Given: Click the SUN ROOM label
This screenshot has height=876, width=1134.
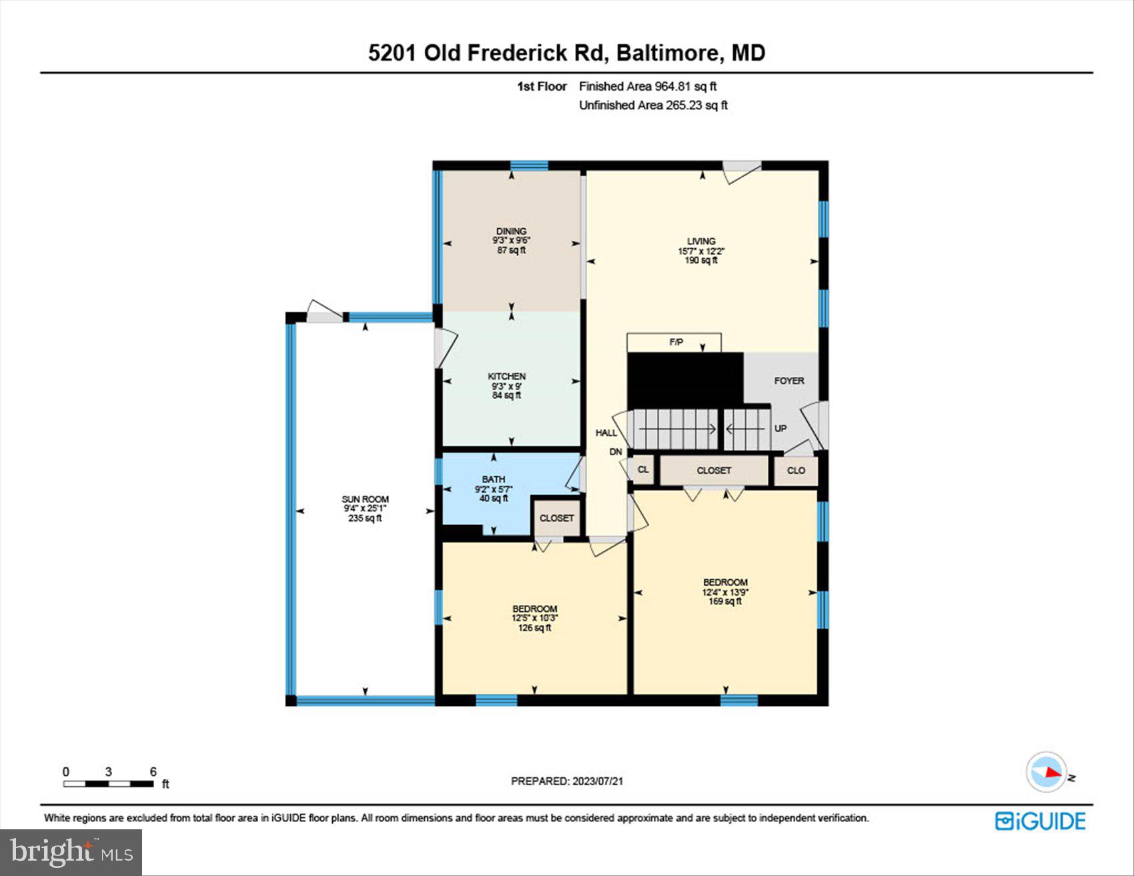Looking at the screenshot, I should [365, 499].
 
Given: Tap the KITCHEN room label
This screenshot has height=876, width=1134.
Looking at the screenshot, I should [506, 376].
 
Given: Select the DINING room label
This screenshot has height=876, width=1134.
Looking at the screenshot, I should [511, 232].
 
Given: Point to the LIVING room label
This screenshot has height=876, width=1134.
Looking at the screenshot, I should [701, 242].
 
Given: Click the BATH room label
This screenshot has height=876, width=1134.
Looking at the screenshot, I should [494, 479].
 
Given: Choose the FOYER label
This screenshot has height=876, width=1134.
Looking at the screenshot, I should [789, 380].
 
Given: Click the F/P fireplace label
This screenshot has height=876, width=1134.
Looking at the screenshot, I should [676, 342].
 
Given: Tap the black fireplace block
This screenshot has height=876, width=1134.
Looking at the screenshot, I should [684, 379].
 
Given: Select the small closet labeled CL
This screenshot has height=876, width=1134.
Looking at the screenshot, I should [643, 470].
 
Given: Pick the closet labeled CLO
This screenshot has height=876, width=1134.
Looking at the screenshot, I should [796, 470].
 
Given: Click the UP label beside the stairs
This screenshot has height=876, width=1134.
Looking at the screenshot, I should [780, 428].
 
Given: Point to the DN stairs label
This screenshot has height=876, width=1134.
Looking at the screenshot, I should [616, 452].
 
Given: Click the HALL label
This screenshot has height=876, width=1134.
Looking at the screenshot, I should [606, 433].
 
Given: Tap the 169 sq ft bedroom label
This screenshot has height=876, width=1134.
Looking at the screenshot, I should [725, 591].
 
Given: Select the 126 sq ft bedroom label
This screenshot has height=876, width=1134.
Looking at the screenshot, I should [534, 618].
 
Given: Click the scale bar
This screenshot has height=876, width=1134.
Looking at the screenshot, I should [109, 783].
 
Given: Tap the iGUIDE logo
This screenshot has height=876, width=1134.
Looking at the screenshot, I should [1041, 821].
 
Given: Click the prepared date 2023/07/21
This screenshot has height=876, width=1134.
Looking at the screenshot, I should [567, 781].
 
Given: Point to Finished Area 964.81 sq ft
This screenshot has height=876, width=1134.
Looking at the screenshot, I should [647, 86].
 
